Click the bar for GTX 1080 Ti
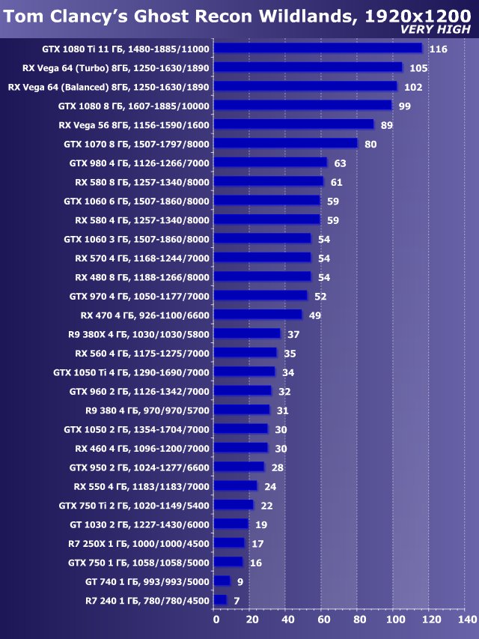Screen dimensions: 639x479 [x=318, y=48]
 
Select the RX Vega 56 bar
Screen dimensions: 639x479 [x=293, y=124]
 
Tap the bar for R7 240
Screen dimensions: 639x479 [x=221, y=600]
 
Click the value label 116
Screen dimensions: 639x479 [x=439, y=49]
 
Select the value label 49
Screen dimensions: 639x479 [x=315, y=315]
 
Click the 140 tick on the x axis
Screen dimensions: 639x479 [x=466, y=620]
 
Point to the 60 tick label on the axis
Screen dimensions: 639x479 [x=323, y=620]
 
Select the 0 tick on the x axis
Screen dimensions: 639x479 [x=216, y=620]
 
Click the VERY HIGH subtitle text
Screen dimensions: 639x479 [x=436, y=30]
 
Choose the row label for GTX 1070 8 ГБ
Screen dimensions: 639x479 [x=137, y=144]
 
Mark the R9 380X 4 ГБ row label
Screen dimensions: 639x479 [x=137, y=334]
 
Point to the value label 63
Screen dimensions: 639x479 [x=340, y=163]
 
